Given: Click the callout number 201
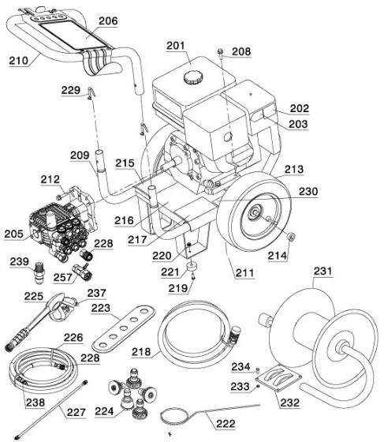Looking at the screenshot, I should [179, 47].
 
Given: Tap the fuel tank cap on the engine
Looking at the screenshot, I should [192, 77].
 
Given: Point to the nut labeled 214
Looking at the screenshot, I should [289, 237].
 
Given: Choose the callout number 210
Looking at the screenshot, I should [21, 60].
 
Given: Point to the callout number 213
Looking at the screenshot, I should [294, 170].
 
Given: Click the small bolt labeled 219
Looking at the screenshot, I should [192, 275].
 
